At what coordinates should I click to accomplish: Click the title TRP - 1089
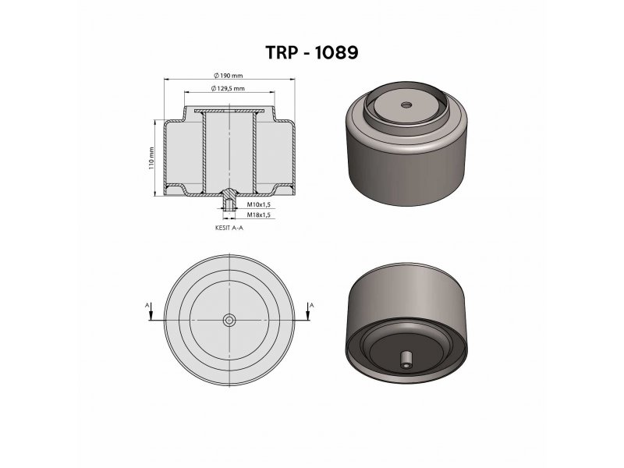coord(311,52)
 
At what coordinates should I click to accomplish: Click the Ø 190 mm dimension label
coord(228,75)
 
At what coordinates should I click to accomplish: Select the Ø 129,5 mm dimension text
coord(228,88)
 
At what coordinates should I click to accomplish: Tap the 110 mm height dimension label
coord(151,158)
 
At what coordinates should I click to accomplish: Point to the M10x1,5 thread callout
coord(259,204)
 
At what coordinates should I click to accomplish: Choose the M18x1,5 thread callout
coord(259,215)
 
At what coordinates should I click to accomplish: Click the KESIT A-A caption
coord(229,228)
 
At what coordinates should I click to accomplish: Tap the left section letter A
coord(147,305)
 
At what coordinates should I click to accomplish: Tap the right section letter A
coord(311,305)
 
